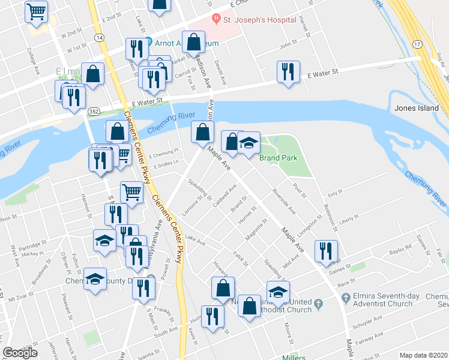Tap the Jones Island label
[x=417, y=108]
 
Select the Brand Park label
[x=278, y=158]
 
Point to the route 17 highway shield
[x=416, y=44]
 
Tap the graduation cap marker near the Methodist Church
[x=278, y=292]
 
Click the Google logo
[x=20, y=353]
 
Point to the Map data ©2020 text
[x=423, y=355]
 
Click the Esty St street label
[x=335, y=193]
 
